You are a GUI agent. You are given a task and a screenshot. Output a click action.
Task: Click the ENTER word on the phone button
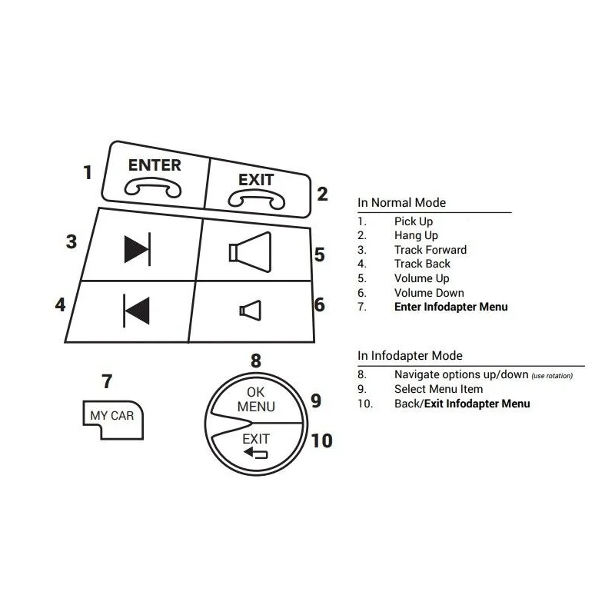(155, 165)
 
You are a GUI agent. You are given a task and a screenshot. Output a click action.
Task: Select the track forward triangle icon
(138, 249)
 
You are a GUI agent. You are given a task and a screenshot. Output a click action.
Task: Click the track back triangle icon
(137, 311)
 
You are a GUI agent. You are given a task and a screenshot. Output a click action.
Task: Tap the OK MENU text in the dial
(256, 399)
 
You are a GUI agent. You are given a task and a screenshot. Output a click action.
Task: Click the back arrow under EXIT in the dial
(256, 454)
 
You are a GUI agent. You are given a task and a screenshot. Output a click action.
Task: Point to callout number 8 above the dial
(256, 361)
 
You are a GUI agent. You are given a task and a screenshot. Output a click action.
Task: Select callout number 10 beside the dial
(321, 440)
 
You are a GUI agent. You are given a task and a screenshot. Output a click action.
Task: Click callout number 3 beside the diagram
(71, 241)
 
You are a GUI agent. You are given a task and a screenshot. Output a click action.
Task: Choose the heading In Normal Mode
(401, 202)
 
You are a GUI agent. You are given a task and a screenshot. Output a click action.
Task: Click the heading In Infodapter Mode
(410, 355)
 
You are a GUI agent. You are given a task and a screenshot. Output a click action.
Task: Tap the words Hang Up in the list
(416, 235)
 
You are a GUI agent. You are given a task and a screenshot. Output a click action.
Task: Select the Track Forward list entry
(430, 249)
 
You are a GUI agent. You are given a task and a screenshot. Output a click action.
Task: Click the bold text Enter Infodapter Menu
(451, 307)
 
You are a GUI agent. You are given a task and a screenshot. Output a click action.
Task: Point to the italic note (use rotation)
(552, 376)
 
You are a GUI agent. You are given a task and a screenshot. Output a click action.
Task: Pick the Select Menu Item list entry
(438, 389)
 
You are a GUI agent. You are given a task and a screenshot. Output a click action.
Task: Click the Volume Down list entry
(429, 293)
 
